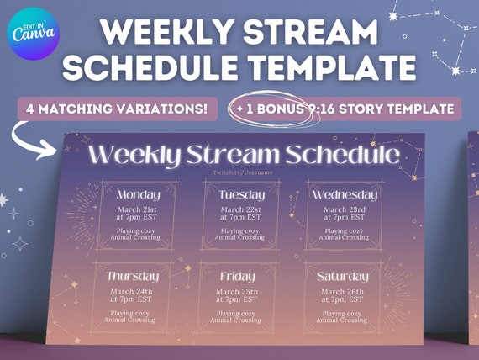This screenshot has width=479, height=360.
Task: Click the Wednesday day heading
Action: (x=344, y=195)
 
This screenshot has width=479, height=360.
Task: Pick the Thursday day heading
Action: (x=133, y=276)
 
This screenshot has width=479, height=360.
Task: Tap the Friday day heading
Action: (x=237, y=276)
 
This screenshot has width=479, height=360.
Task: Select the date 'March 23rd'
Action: (x=344, y=209)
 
